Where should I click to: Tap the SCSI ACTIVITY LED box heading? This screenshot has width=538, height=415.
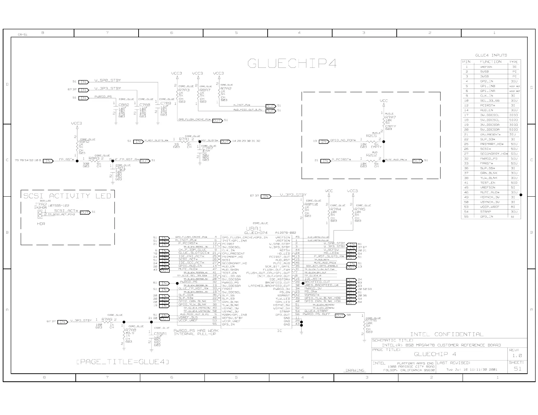point(67,196)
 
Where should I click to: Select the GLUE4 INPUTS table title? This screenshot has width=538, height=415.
point(491,55)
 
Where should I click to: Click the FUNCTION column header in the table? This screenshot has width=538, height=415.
point(490,62)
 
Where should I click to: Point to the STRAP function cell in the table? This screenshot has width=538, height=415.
point(485,212)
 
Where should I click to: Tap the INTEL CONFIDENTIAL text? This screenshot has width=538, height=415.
point(446,334)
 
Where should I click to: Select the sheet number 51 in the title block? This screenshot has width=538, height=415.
point(518,369)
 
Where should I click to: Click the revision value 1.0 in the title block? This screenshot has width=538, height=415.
point(517,356)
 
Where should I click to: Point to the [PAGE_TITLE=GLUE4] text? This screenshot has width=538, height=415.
point(123,362)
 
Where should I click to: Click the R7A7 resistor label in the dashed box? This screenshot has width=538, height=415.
point(391,117)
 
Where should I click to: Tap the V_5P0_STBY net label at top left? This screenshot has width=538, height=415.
point(108,80)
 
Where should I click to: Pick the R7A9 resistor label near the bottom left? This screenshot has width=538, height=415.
point(107,319)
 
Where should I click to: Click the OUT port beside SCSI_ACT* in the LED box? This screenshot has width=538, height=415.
point(85,212)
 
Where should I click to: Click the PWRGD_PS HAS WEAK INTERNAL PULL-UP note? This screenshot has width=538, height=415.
point(195,332)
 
